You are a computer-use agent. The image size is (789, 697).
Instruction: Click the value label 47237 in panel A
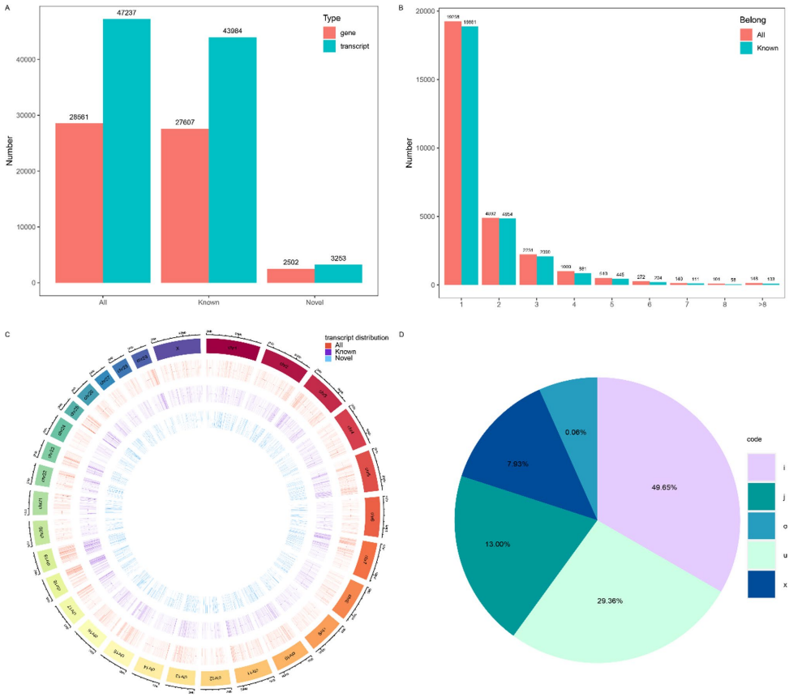click(x=126, y=12)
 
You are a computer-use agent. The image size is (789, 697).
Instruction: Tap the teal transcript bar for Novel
click(x=337, y=273)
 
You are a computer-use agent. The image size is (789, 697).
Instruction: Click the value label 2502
click(x=290, y=261)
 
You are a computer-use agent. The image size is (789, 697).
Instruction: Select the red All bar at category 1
click(x=452, y=153)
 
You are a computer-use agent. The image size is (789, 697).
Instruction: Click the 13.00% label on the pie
click(x=498, y=544)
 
